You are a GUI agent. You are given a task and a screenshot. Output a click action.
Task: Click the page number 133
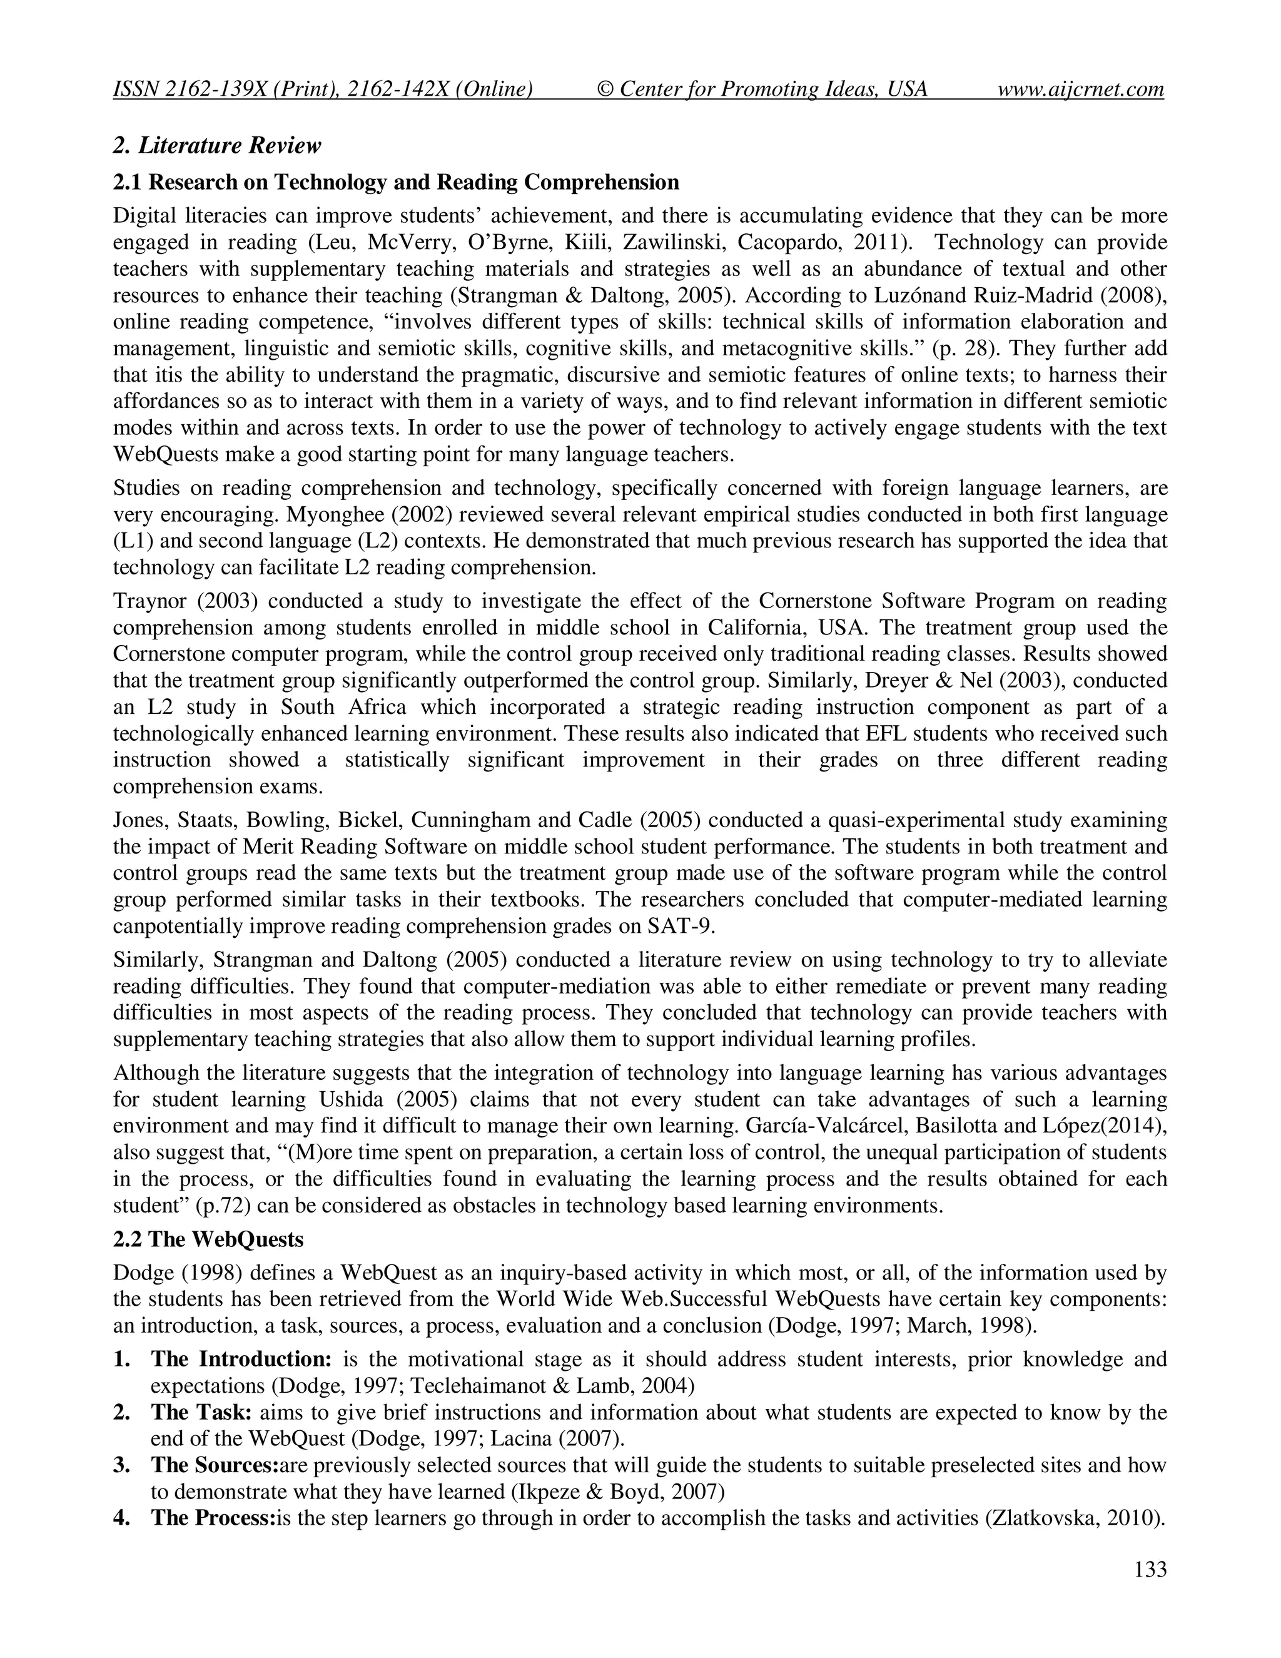click(x=1150, y=1570)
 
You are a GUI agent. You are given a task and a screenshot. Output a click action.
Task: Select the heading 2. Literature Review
click(x=217, y=145)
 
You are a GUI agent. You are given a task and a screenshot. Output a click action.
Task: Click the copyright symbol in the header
click(x=605, y=89)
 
